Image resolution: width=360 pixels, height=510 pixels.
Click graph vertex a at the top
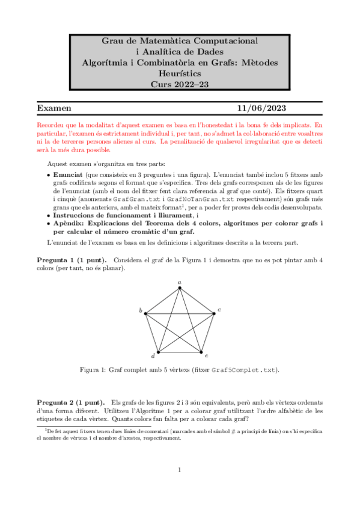tap(180, 288)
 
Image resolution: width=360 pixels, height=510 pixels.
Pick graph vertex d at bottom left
tap(158, 352)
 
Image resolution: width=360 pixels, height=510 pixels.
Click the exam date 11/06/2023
tap(261, 108)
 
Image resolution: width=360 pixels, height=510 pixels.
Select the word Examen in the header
tap(55, 108)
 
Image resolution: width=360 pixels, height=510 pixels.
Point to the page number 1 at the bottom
tap(180, 470)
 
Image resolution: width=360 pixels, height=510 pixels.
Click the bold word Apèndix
tap(69, 223)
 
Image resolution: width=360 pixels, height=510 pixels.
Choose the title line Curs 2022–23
tap(180, 85)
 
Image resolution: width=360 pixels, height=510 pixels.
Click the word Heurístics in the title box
tap(180, 73)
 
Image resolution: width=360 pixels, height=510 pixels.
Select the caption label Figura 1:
tap(93, 370)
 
